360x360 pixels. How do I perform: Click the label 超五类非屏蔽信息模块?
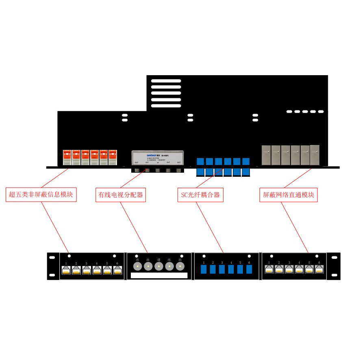pos(41,195)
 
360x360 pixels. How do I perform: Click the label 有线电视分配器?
pos(120,195)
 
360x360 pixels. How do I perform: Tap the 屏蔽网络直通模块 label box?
pos(288,195)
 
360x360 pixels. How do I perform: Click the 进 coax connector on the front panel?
pos(159,267)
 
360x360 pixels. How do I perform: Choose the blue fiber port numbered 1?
pos(204,270)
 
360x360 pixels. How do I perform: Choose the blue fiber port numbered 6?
pos(249,270)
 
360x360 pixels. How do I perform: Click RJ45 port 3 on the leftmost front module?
pos(87,271)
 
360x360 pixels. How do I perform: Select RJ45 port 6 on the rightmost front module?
pos(319,270)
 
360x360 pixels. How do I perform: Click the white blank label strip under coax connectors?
pos(159,275)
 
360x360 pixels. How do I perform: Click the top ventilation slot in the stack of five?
pos(166,81)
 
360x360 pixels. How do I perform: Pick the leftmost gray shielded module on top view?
pos(267,155)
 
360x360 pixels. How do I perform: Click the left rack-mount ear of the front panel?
pos(53,267)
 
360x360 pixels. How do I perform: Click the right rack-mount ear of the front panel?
pos(334,267)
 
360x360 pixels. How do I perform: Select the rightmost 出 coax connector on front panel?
pos(179,267)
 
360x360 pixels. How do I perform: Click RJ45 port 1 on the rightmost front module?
pos(269,270)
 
